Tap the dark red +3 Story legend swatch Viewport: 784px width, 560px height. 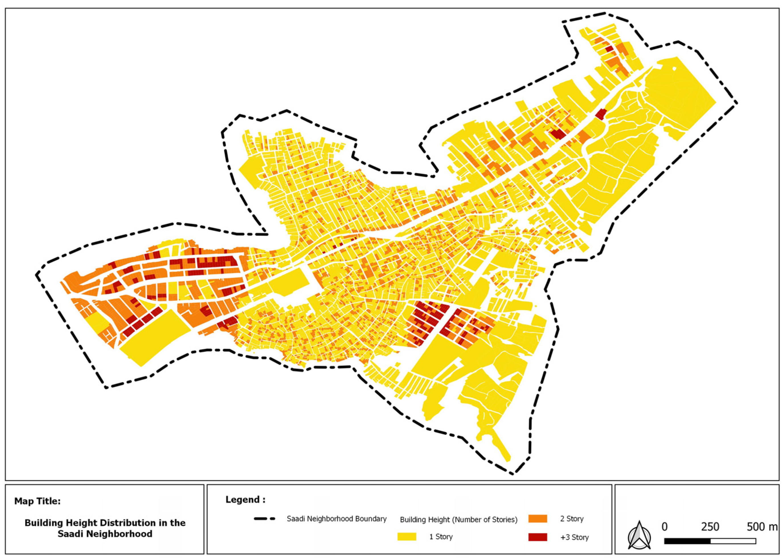tap(537, 537)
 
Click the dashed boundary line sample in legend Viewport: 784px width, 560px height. tap(264, 519)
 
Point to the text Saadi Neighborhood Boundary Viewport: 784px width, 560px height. tap(336, 519)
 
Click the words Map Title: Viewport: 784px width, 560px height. tap(37, 501)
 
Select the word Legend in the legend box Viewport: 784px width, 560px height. tap(243, 499)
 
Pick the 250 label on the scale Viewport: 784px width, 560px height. tap(710, 526)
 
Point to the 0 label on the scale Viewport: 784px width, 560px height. tap(664, 526)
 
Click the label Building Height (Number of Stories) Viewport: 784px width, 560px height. tap(458, 519)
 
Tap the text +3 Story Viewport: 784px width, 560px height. tap(574, 537)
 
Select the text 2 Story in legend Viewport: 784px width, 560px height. tap(572, 519)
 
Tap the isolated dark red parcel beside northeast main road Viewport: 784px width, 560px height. tap(601, 114)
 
